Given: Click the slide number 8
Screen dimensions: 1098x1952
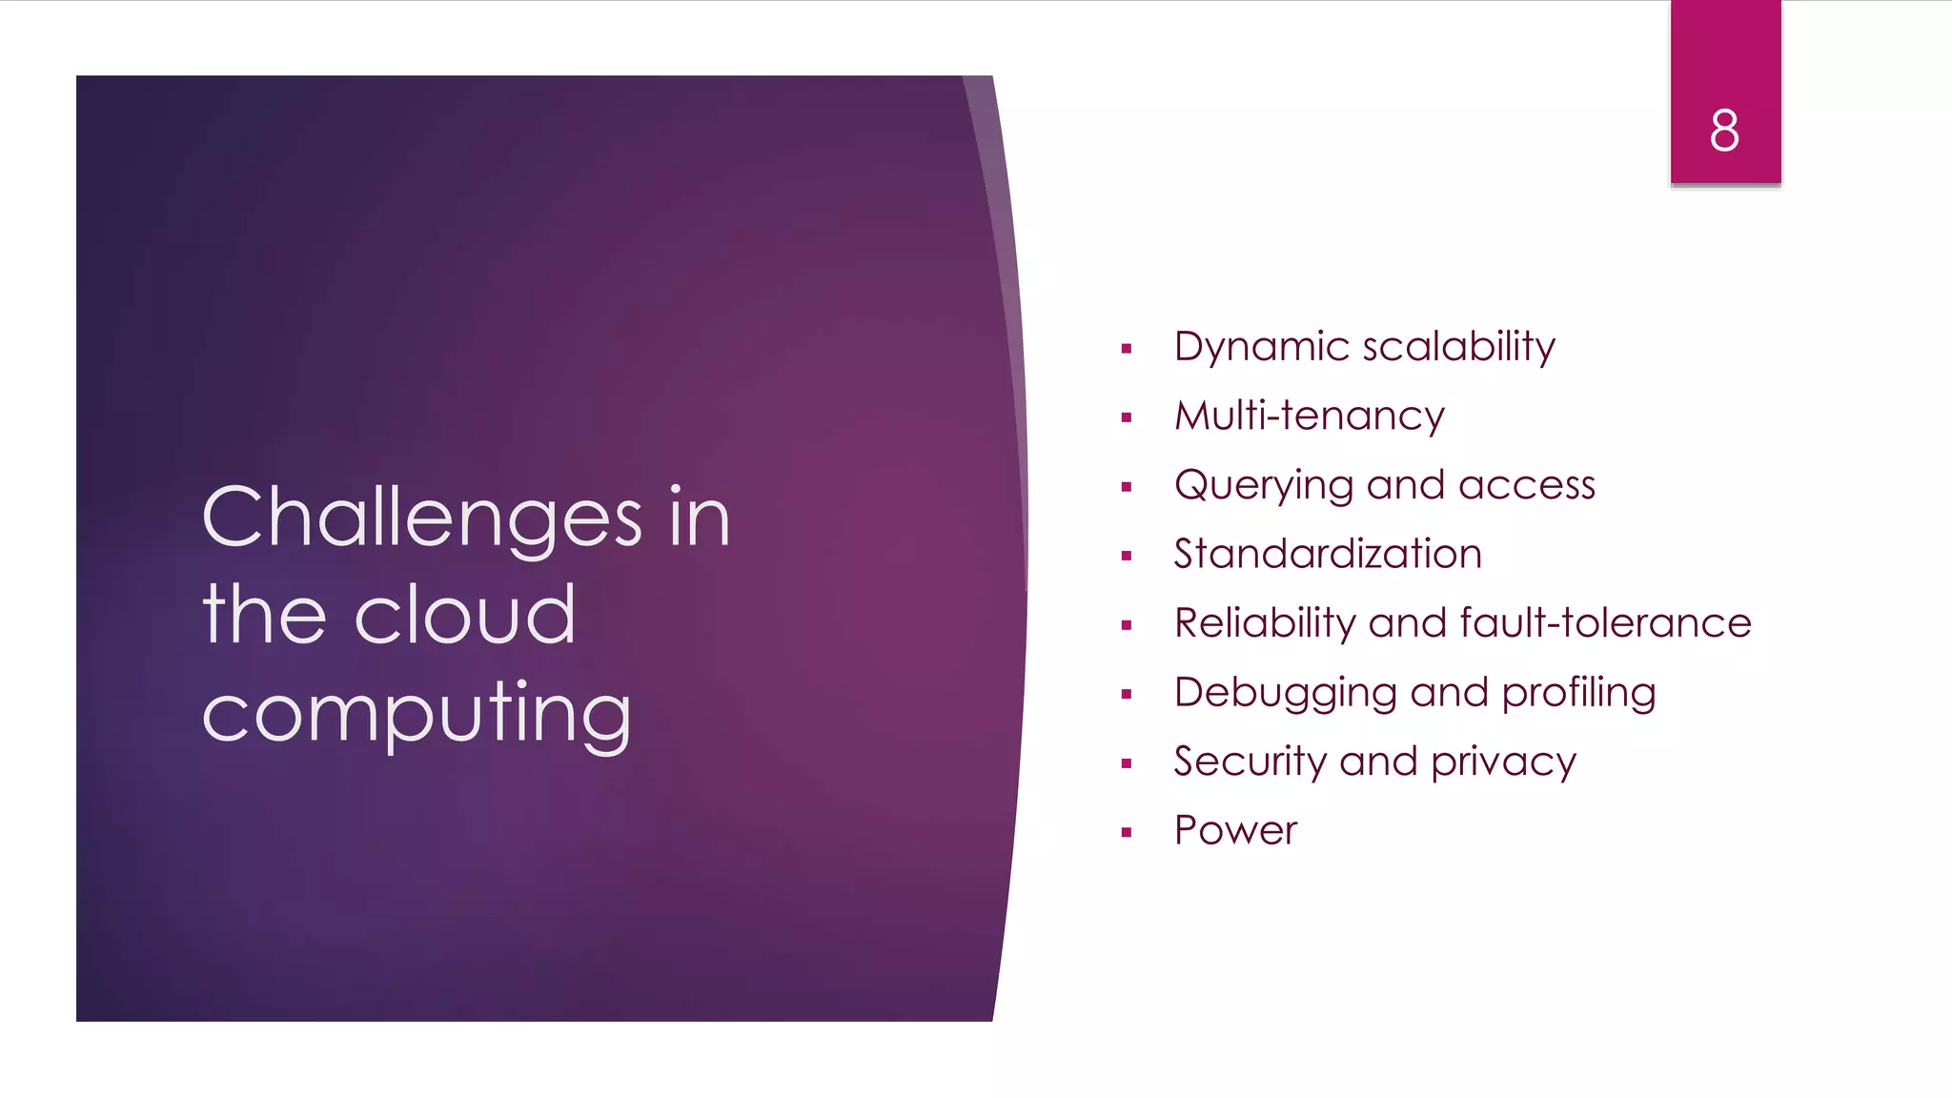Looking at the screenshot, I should click(x=1724, y=131).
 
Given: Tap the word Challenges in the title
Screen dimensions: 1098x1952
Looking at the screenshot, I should click(x=422, y=518).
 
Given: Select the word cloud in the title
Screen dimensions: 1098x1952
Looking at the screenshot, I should click(x=465, y=615).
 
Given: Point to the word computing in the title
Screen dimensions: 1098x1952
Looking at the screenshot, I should click(x=417, y=715).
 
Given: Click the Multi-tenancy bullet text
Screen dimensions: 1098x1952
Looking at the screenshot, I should click(x=1309, y=417).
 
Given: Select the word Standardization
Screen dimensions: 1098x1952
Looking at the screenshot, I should click(x=1328, y=555).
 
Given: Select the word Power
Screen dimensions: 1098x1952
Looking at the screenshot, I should click(x=1235, y=831).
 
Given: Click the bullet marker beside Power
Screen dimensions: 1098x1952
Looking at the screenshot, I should click(x=1127, y=832).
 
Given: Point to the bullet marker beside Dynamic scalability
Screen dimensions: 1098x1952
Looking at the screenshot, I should click(x=1127, y=349).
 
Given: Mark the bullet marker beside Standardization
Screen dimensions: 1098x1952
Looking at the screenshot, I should click(x=1127, y=556).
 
